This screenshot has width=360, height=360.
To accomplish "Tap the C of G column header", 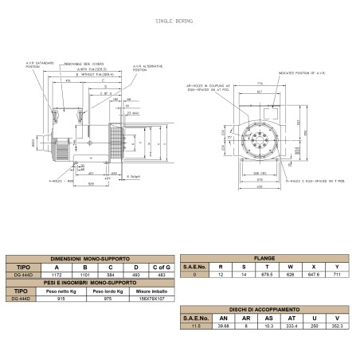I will click(x=162, y=267).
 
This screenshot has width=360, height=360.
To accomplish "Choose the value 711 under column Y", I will click(x=338, y=274).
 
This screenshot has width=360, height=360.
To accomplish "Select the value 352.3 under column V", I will click(x=338, y=324).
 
